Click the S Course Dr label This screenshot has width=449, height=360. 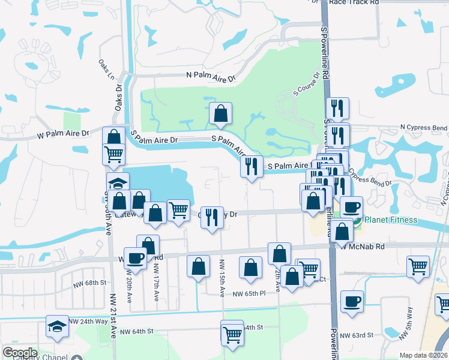coord(306,85)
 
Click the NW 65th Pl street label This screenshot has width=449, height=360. coord(249,294)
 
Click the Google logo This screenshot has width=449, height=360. coord(20,352)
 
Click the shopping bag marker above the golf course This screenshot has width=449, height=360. coord(221,113)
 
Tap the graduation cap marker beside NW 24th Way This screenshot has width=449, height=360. coord(58,326)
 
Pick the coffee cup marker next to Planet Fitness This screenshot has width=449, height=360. coord(351,207)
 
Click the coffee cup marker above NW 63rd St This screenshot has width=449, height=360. coord(352,301)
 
